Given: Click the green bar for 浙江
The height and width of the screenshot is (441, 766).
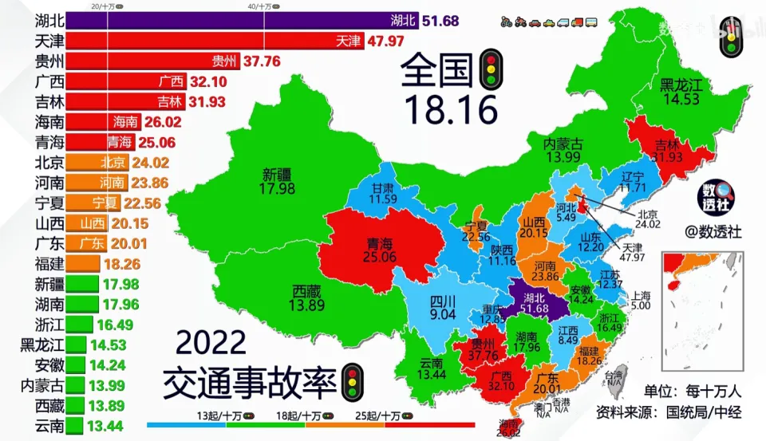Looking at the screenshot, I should [77, 324].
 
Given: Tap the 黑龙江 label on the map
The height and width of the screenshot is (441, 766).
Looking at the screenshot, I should [679, 92].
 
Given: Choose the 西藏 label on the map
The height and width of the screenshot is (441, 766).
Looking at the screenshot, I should [307, 297].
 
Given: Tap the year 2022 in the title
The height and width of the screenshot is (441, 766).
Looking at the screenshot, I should [210, 344].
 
